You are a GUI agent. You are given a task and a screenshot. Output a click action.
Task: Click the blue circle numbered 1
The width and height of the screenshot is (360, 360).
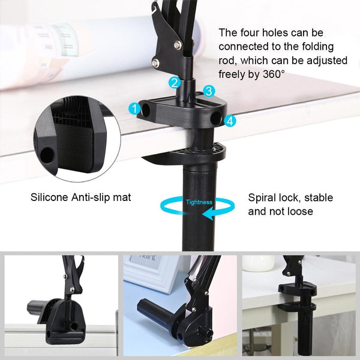[134, 109]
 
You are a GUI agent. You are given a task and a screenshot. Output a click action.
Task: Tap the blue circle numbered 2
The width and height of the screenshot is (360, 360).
[174, 83]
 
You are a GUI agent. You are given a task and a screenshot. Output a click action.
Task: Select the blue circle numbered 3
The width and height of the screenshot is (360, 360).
[208, 91]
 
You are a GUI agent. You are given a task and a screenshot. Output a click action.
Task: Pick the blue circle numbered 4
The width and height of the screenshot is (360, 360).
[230, 121]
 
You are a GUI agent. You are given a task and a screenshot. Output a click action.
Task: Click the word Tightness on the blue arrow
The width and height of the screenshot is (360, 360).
[199, 202]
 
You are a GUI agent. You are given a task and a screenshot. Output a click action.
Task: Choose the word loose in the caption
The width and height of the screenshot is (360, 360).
[300, 211]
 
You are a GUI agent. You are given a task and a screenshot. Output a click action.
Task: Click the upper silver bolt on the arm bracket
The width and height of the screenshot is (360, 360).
[178, 43]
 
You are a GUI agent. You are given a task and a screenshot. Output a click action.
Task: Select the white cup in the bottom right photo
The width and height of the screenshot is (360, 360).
[259, 262]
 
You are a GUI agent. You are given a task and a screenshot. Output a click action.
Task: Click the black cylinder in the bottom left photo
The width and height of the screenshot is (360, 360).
[37, 308]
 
